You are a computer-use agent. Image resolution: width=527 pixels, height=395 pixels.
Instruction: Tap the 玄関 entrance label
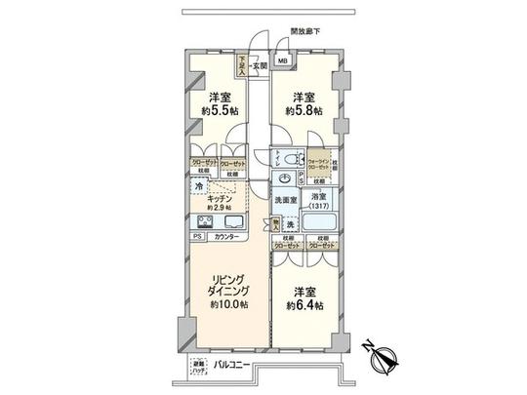point(260,65)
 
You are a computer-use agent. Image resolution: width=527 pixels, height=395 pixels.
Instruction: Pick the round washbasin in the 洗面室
point(282,178)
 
